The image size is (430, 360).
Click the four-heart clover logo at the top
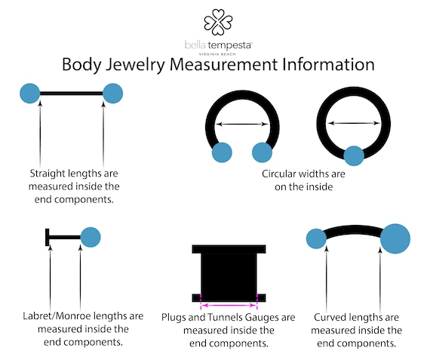point(218,22)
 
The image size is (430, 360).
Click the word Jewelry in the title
point(136,65)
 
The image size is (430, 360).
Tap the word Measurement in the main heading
point(223,64)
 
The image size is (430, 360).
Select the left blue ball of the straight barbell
point(30,94)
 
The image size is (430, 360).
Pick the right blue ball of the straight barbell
point(112,94)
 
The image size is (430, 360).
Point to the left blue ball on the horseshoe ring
point(222,152)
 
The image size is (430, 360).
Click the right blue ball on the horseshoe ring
point(263,152)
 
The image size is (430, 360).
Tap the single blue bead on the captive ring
point(354,156)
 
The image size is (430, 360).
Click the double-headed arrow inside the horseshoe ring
point(242,124)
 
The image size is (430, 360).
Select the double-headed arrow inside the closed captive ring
point(354,123)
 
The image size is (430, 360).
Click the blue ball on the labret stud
point(91,237)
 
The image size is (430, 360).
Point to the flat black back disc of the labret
point(48,237)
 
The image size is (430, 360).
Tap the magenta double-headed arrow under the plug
point(229,305)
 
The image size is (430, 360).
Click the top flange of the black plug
point(229,249)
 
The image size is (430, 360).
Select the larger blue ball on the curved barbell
point(395,238)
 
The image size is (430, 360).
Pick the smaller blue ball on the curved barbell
point(317,238)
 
